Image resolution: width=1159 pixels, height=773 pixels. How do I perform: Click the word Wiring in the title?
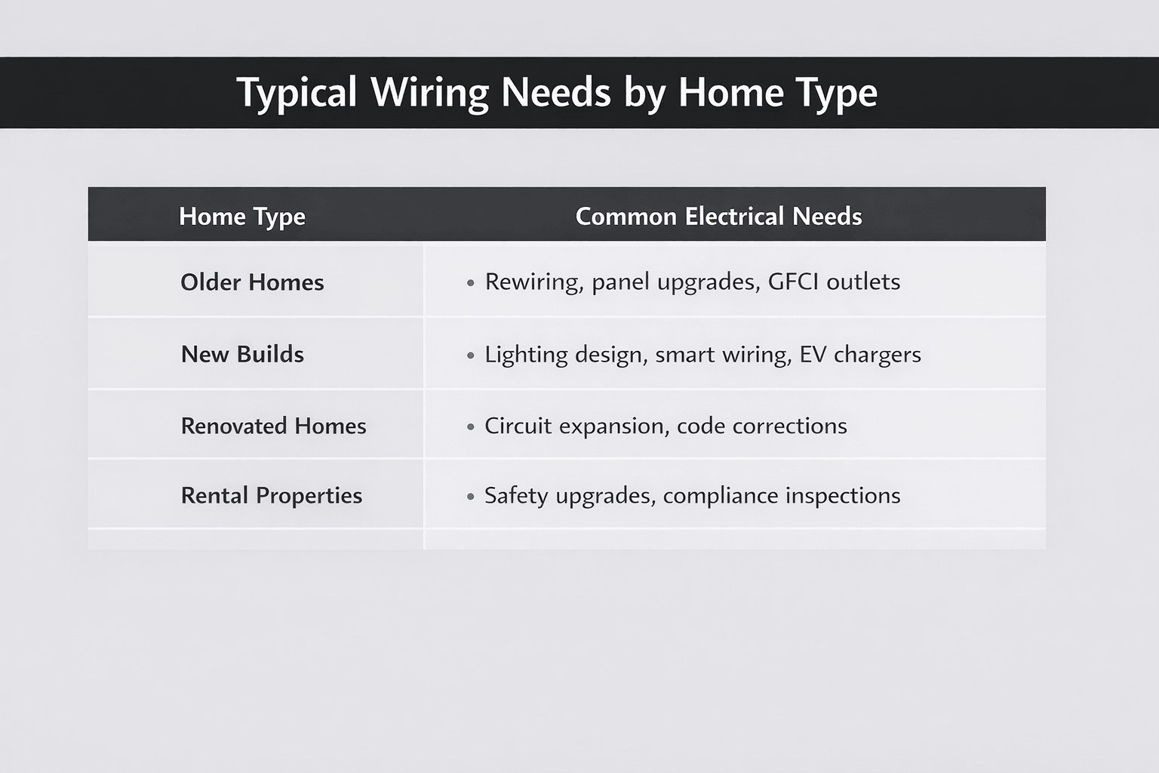430,93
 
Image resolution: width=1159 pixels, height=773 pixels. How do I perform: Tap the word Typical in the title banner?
297,94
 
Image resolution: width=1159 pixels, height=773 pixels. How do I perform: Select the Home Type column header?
242,217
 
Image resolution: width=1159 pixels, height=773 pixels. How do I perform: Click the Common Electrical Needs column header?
718,217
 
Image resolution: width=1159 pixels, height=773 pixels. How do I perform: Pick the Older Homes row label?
252,282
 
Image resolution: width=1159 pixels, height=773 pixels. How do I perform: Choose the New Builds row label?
242,354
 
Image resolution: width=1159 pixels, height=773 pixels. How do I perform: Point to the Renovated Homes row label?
273,426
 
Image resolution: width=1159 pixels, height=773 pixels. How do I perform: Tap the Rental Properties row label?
272,495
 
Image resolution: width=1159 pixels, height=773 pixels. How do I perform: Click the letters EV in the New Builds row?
813,354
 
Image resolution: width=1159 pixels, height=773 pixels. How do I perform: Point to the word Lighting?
526,355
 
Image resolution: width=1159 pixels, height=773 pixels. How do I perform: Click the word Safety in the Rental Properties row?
516,496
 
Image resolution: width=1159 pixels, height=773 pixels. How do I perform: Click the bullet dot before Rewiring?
471,283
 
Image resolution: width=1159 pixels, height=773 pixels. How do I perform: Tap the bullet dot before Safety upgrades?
471,497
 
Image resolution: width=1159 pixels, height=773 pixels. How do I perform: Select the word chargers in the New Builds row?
877,355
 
